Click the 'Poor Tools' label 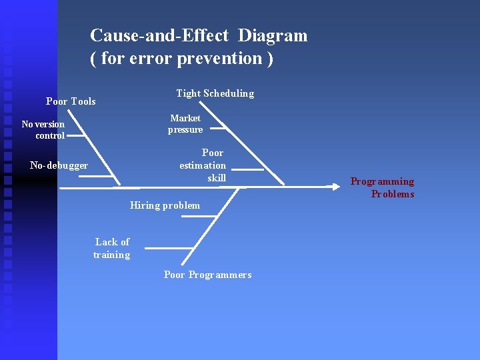coord(71,101)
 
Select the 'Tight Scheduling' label coord(215,93)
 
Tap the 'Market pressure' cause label coord(185,123)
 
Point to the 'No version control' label coord(43,129)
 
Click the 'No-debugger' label coord(59,165)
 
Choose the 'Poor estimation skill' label coord(203,165)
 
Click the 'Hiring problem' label coord(165,205)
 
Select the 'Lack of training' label coord(111,248)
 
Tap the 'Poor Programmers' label coord(208,275)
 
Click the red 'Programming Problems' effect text coord(383,187)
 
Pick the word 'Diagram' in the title coord(273,35)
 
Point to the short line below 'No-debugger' coord(100,176)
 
